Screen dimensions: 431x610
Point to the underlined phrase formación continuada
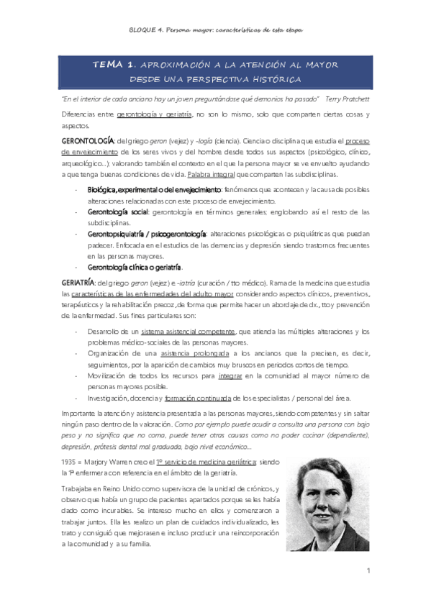pyautogui.click(x=194, y=398)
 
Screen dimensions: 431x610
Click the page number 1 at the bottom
pyautogui.click(x=367, y=571)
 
